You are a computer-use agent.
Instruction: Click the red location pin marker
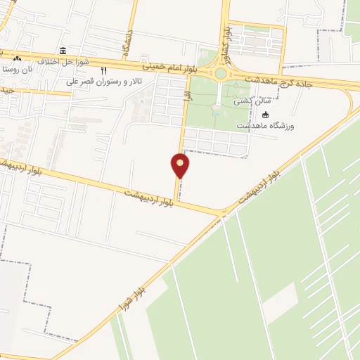click(181, 165)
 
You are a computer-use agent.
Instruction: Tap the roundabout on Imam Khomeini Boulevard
click(220, 73)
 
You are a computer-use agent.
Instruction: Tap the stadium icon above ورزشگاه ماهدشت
click(265, 115)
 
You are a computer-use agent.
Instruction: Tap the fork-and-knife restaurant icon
click(104, 70)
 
